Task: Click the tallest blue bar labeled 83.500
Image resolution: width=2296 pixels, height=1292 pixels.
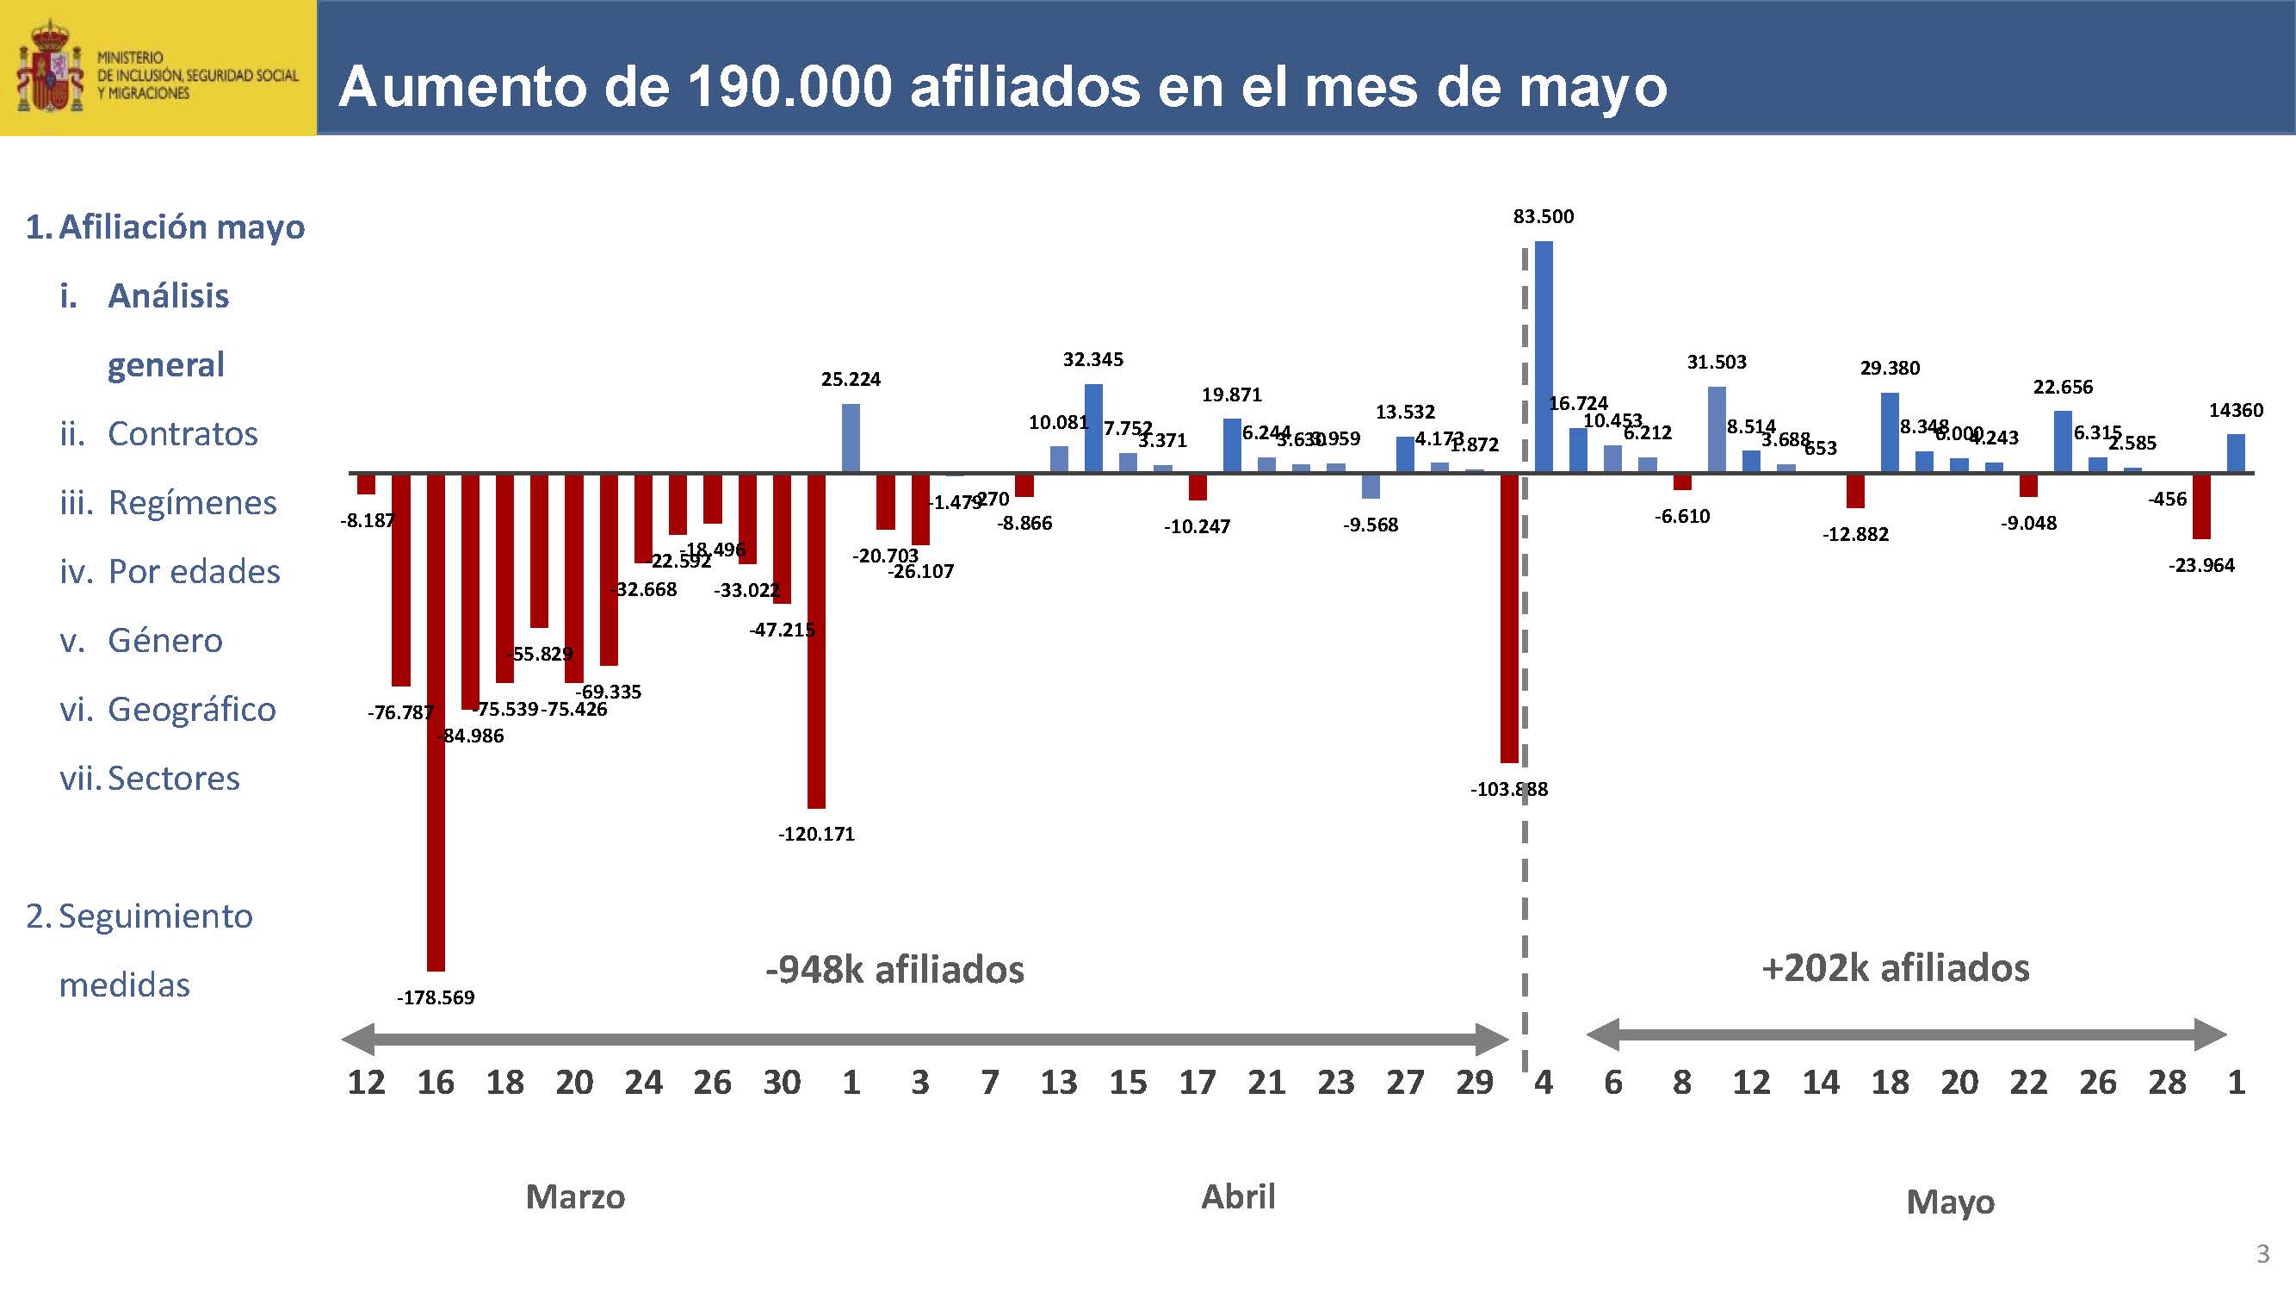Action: coord(1544,357)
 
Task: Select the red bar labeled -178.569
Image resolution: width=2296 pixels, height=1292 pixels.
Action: coord(436,723)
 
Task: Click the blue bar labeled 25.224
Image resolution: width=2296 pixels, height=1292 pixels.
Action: coord(851,438)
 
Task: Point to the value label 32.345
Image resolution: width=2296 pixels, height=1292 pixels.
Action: coord(1092,360)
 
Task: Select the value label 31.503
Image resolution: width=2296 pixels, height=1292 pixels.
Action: coord(1716,363)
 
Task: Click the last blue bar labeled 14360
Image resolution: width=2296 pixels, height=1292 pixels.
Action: coord(2236,453)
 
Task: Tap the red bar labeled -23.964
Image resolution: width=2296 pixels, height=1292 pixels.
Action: coord(2201,506)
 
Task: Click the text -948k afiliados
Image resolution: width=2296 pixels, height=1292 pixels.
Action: coord(894,970)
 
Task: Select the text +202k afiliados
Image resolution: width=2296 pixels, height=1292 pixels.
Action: coord(1896,968)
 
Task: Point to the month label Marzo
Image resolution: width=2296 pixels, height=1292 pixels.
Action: coord(575,1196)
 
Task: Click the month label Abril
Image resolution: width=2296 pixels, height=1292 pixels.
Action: coord(1238,1196)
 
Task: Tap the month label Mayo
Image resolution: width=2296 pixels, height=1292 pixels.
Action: coord(1950,1202)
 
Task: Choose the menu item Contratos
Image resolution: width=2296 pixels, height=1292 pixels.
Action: coord(182,434)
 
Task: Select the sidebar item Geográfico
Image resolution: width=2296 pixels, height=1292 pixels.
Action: coord(191,710)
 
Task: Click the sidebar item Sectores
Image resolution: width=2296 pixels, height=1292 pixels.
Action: coord(173,779)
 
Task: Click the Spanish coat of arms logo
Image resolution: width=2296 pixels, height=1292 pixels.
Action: coord(50,68)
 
